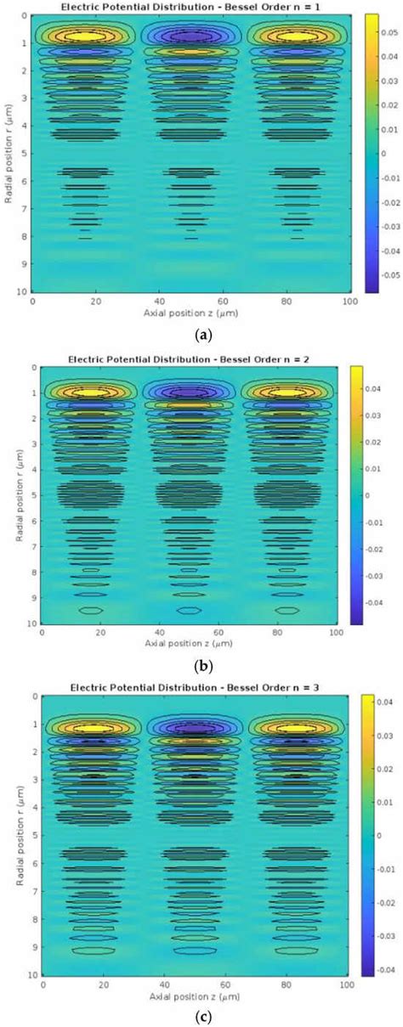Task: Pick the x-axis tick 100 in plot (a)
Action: (338, 302)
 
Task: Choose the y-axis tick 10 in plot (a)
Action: (22, 291)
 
